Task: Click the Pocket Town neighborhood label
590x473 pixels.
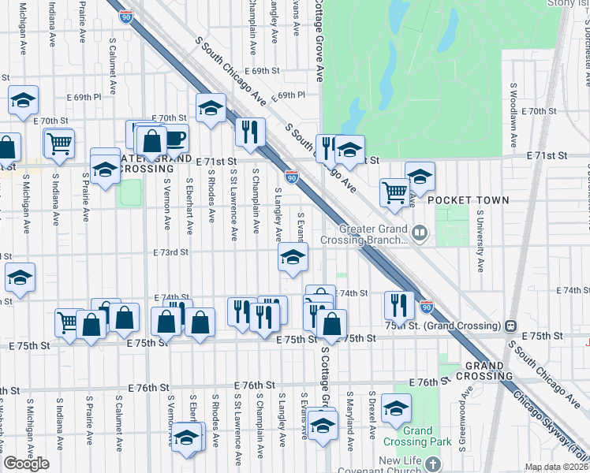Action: coord(469,200)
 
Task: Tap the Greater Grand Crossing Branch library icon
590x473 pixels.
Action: coord(420,233)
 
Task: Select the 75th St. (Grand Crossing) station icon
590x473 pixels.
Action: coord(511,325)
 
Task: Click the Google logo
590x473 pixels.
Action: coord(26,464)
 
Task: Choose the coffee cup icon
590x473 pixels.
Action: coord(174,140)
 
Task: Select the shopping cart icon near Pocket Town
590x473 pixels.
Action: coord(394,192)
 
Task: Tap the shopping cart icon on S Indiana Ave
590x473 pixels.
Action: coord(58,143)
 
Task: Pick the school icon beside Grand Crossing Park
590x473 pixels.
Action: coord(396,408)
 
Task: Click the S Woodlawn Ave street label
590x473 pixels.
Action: coord(513,98)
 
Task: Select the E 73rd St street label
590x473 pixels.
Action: coord(171,252)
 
